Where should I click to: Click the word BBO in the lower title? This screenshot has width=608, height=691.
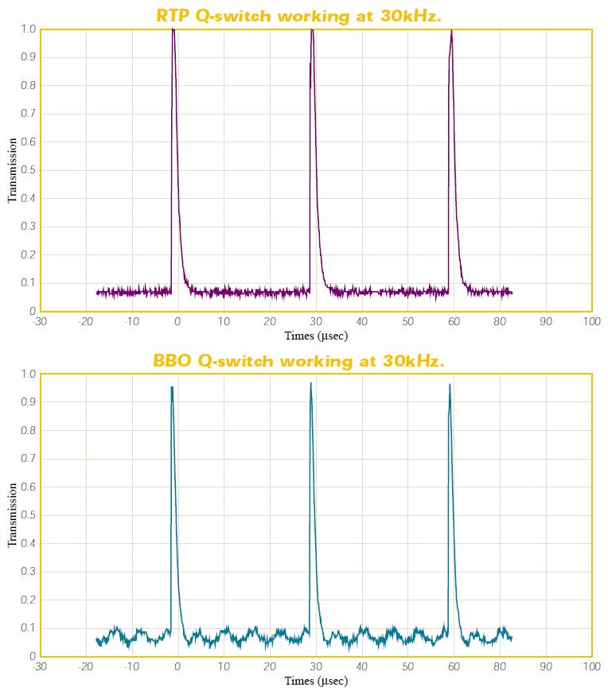172,361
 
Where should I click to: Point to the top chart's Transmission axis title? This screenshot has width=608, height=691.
13,170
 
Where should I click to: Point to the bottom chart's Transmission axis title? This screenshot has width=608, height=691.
13,515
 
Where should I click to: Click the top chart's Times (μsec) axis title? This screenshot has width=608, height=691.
316,336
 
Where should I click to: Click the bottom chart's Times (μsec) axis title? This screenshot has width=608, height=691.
316,681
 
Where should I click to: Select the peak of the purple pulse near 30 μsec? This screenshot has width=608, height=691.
312,30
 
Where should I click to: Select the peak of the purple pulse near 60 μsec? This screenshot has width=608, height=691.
451,31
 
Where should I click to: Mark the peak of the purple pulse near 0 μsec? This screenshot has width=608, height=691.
173,29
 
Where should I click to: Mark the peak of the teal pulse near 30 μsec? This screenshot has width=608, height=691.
310,384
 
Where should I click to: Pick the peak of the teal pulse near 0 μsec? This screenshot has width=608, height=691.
171,388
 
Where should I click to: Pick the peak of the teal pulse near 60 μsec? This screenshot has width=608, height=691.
450,385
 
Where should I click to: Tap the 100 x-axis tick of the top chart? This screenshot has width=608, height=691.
591,322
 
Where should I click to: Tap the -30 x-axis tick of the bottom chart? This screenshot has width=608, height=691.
40,667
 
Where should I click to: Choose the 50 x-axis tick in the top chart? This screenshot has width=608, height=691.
407,322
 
